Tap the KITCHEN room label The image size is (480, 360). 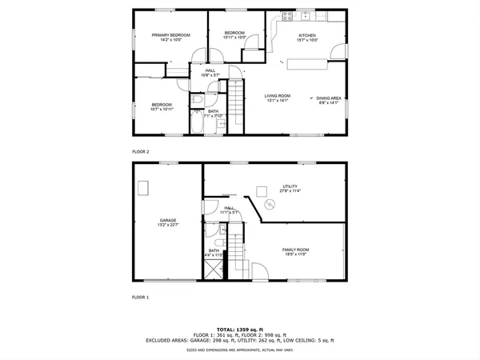(x=308, y=35)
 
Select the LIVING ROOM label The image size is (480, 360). (x=278, y=96)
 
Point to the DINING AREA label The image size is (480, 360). (x=329, y=98)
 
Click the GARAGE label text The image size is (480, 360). (x=168, y=220)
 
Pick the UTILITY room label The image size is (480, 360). (x=289, y=186)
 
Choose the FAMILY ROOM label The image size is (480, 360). (x=295, y=250)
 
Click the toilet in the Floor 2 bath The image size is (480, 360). (x=197, y=100)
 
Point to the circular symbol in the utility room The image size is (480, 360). (x=270, y=206)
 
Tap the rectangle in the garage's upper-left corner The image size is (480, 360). (x=144, y=187)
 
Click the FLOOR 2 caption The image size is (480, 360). (x=141, y=150)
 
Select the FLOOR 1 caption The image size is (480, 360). (x=141, y=297)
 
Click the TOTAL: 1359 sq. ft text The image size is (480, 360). (x=239, y=328)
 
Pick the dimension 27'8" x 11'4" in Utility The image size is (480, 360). (x=289, y=191)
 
